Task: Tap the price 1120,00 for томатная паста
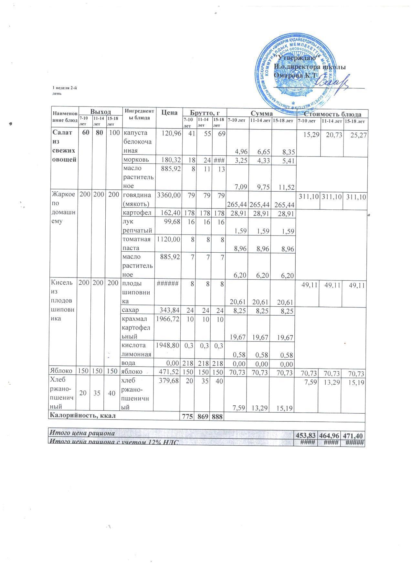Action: [168, 239]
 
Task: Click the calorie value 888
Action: [217, 417]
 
